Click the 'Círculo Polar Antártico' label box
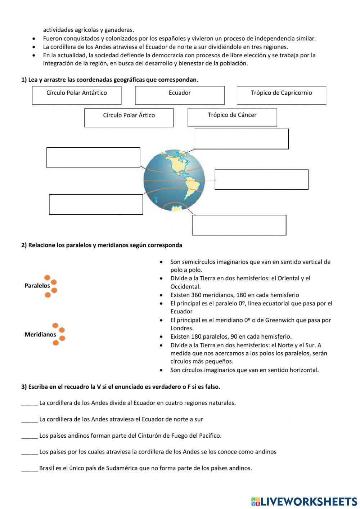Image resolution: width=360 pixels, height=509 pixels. click(77, 95)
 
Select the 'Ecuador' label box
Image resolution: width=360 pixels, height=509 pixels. click(180, 95)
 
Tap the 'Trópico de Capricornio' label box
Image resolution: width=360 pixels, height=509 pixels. click(281, 95)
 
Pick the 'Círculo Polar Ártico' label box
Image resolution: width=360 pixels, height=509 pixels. click(129, 118)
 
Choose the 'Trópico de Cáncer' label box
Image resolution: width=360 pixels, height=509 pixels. click(232, 117)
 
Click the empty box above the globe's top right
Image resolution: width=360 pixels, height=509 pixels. click(242, 139)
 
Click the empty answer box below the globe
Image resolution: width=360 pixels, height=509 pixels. click(239, 225)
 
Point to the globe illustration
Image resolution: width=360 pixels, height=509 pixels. click(174, 180)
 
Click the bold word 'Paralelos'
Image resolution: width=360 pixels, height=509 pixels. click(37, 286)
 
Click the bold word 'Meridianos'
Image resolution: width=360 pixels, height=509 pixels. click(40, 335)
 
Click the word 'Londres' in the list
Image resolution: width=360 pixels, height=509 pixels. click(181, 328)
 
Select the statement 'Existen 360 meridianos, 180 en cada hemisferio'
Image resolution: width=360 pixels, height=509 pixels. click(234, 295)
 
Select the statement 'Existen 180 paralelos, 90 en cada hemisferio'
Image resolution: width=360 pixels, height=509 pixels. click(231, 336)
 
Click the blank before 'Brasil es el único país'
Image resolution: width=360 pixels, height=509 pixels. click(30, 469)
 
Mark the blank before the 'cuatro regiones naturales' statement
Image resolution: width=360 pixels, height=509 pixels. click(30, 403)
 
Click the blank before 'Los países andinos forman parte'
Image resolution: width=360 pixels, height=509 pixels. click(30, 436)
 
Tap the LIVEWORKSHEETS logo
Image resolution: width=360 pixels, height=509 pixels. click(304, 501)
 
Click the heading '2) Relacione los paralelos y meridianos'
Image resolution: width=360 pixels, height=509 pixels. click(102, 245)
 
